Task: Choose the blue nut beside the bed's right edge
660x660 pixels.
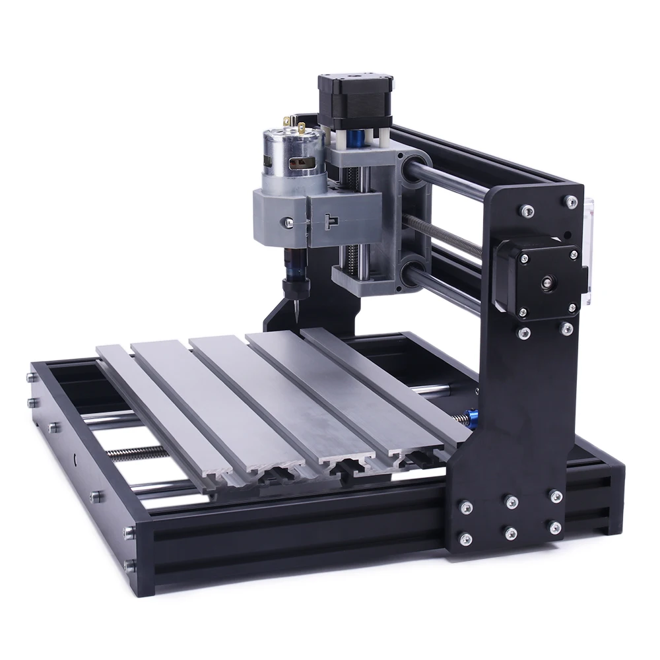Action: pyautogui.click(x=471, y=418)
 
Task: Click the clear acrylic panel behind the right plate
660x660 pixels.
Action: pyautogui.click(x=589, y=251)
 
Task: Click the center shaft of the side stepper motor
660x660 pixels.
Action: pyautogui.click(x=546, y=282)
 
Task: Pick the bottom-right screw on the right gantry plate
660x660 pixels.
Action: pyautogui.click(x=555, y=527)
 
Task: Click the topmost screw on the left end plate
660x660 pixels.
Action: pyautogui.click(x=31, y=378)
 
